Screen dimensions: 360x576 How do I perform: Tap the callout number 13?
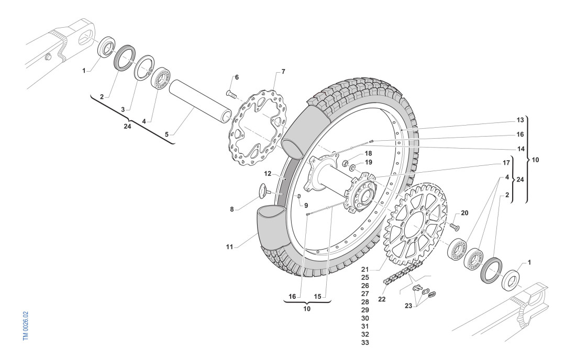click(520, 120)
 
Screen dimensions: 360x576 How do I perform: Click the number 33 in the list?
click(365, 342)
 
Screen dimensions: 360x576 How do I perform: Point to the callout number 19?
click(369, 162)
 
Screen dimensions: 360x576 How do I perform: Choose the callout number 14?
click(520, 149)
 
